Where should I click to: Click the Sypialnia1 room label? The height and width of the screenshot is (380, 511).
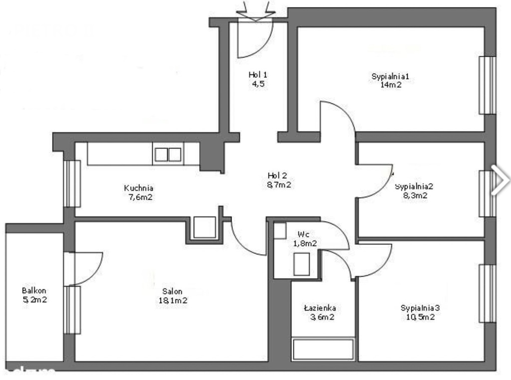point(390,77)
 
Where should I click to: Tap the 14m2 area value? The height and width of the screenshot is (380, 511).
point(391,85)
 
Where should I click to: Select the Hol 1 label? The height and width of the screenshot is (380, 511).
point(258,75)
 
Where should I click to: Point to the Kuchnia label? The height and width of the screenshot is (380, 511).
point(139,188)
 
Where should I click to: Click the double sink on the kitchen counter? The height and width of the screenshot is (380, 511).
point(168,154)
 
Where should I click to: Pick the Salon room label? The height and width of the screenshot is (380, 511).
point(172,291)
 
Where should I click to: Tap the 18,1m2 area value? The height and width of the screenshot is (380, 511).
point(173,301)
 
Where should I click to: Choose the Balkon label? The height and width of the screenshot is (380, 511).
point(34,290)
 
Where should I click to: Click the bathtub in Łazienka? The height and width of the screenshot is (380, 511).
point(323,350)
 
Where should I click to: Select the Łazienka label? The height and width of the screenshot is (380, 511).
point(320,308)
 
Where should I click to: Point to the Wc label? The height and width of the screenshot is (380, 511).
point(303,234)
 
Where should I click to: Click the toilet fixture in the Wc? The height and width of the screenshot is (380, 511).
point(301,264)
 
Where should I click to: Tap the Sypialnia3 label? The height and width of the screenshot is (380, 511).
point(420,308)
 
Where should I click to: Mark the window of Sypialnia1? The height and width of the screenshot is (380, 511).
point(487,85)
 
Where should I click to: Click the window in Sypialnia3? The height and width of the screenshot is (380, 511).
point(487,293)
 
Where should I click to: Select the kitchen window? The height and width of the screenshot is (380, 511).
point(72,184)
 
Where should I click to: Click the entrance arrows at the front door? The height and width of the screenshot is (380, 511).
point(256,11)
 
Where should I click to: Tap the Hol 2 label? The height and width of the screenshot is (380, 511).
point(277,175)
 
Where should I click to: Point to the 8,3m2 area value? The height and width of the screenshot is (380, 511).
point(415,196)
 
